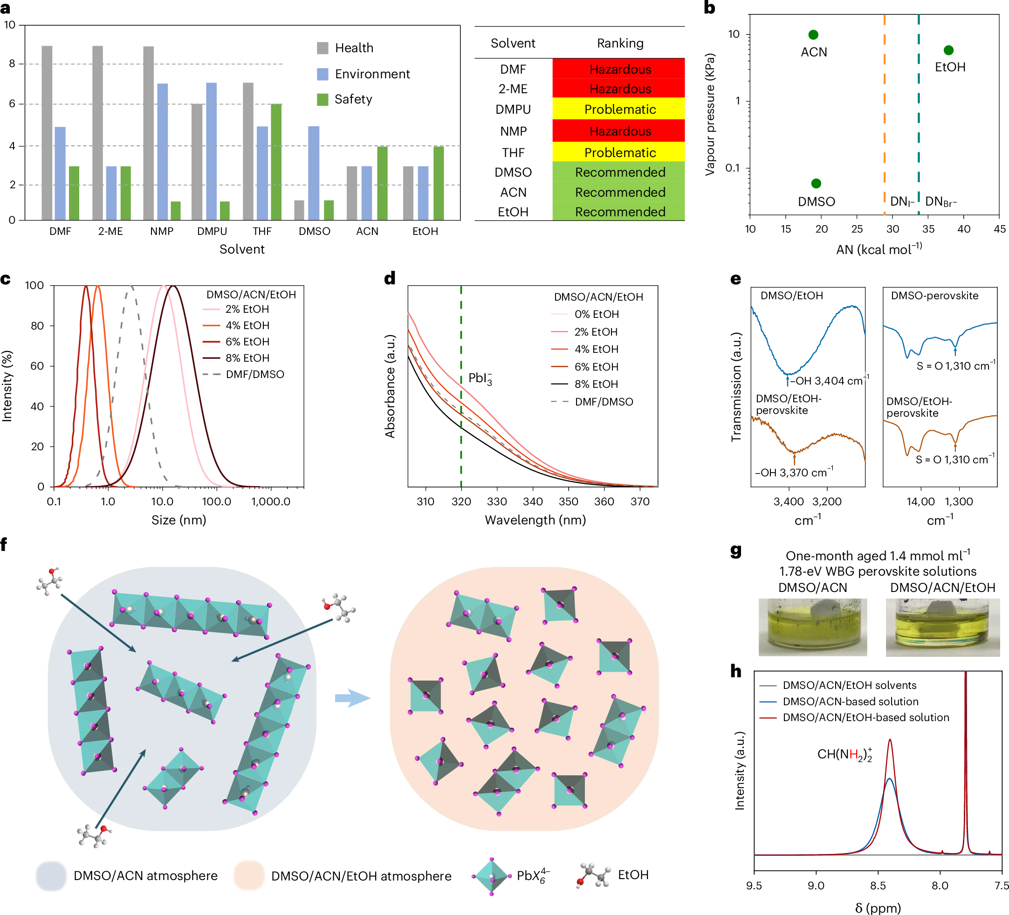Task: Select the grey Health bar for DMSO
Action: (x=299, y=210)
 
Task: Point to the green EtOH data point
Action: (x=948, y=50)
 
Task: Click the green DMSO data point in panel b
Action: (x=816, y=184)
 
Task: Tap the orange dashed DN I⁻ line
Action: (x=885, y=115)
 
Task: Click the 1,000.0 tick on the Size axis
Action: (x=270, y=502)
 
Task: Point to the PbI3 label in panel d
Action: (x=480, y=378)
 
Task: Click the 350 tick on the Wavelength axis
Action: (x=568, y=502)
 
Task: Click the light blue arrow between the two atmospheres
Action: (x=352, y=698)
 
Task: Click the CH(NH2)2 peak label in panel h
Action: (x=844, y=754)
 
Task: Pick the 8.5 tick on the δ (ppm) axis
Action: (x=878, y=886)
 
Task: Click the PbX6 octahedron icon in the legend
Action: (x=491, y=876)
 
